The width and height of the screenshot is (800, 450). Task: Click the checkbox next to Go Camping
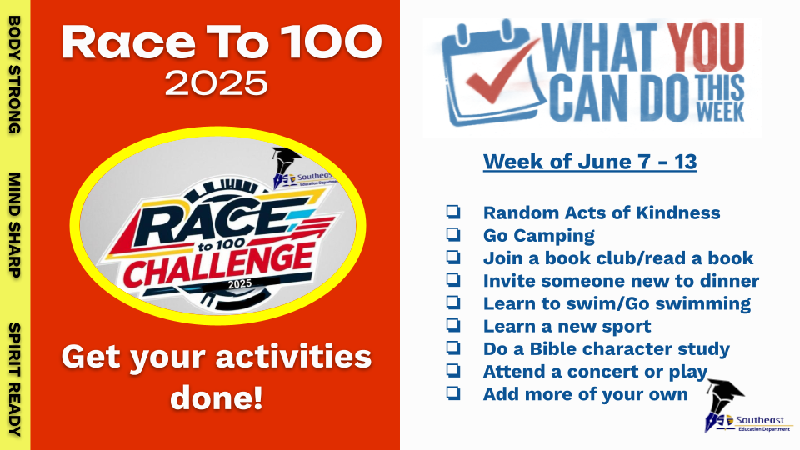click(x=453, y=234)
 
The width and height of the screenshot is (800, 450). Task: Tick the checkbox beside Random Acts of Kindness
click(x=453, y=212)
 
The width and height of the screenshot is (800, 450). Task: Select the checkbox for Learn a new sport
click(x=453, y=325)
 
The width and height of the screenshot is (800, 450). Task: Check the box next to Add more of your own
click(x=453, y=392)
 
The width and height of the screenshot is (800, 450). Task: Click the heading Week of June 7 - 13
click(x=590, y=162)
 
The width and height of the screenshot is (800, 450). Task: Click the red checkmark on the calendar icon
click(x=502, y=72)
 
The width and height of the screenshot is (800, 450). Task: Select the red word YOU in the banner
click(x=706, y=47)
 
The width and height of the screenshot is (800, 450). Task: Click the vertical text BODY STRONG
click(x=14, y=75)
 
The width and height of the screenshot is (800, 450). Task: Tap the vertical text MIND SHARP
click(x=14, y=225)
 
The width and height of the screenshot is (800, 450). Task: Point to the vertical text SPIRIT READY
click(x=14, y=379)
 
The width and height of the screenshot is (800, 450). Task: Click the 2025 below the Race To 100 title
click(x=217, y=83)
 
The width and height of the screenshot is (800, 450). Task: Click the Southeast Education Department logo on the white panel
click(x=747, y=406)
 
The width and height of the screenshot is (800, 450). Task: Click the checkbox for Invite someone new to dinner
click(x=453, y=280)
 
